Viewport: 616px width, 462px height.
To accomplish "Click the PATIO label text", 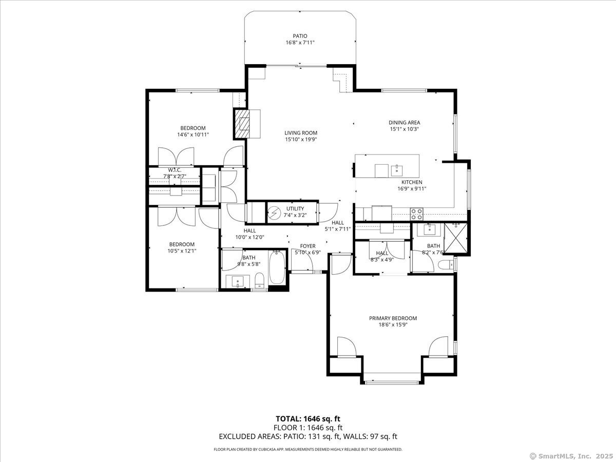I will [300, 36].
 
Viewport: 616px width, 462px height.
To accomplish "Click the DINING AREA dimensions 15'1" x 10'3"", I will [404, 129].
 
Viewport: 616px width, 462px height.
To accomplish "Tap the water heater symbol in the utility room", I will [276, 212].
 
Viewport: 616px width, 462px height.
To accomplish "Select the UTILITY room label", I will [295, 208].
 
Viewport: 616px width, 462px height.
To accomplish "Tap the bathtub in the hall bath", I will [277, 268].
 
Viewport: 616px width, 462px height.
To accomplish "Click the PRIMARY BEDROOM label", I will [393, 318].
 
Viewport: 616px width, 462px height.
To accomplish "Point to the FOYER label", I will [308, 246].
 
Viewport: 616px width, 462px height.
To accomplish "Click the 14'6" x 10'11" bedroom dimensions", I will [193, 134].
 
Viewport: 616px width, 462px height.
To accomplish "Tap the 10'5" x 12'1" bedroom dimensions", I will [182, 251].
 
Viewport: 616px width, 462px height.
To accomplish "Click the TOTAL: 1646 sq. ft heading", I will [308, 419].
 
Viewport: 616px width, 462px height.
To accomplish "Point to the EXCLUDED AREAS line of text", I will [308, 437].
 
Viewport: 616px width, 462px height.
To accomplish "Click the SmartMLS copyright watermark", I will [571, 456].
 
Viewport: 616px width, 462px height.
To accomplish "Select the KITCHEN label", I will [412, 182].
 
